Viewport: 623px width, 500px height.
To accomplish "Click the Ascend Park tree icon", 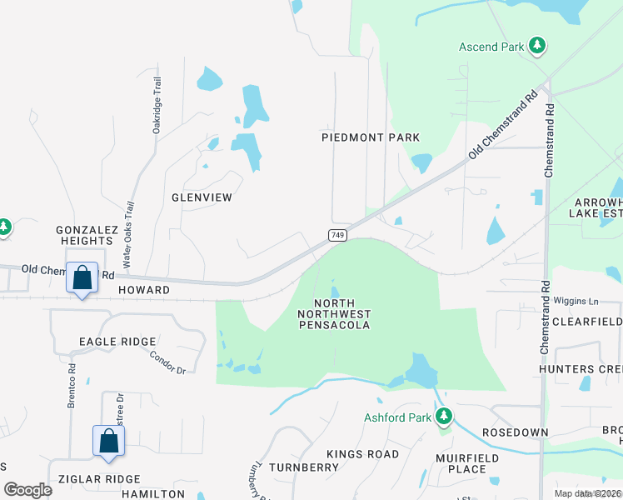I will [538, 46].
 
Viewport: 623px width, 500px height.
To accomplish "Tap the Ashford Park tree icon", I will [444, 416].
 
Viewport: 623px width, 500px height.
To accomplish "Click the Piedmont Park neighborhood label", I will [371, 137].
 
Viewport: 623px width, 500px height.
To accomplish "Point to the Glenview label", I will [201, 197].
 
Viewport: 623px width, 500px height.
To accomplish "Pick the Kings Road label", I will [362, 454].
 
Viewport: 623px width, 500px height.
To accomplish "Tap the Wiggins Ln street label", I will [575, 301].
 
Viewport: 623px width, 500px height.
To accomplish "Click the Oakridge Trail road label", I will [156, 106].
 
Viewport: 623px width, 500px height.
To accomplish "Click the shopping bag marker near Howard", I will [82, 278].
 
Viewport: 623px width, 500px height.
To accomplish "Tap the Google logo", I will [28, 489].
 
